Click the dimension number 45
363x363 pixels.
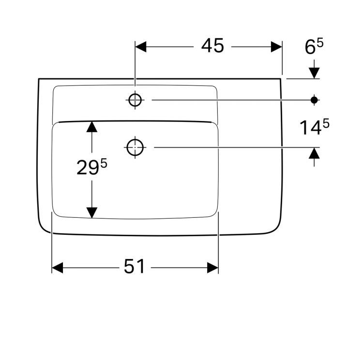213,46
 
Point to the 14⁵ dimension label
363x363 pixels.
314,127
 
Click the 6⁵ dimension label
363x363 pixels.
314,47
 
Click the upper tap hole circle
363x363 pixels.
135,100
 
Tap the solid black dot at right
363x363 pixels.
314,100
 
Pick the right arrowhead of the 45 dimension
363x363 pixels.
276,46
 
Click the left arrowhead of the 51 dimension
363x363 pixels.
58,267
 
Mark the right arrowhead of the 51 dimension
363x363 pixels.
213,267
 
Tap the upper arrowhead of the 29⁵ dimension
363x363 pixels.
91,127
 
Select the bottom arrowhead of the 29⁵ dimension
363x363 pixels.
91,212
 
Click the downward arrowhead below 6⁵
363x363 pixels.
314,72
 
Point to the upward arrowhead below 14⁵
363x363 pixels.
314,153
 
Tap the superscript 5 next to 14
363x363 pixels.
326,123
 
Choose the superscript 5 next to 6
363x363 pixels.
320,44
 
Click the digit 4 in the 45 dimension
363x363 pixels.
207,46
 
